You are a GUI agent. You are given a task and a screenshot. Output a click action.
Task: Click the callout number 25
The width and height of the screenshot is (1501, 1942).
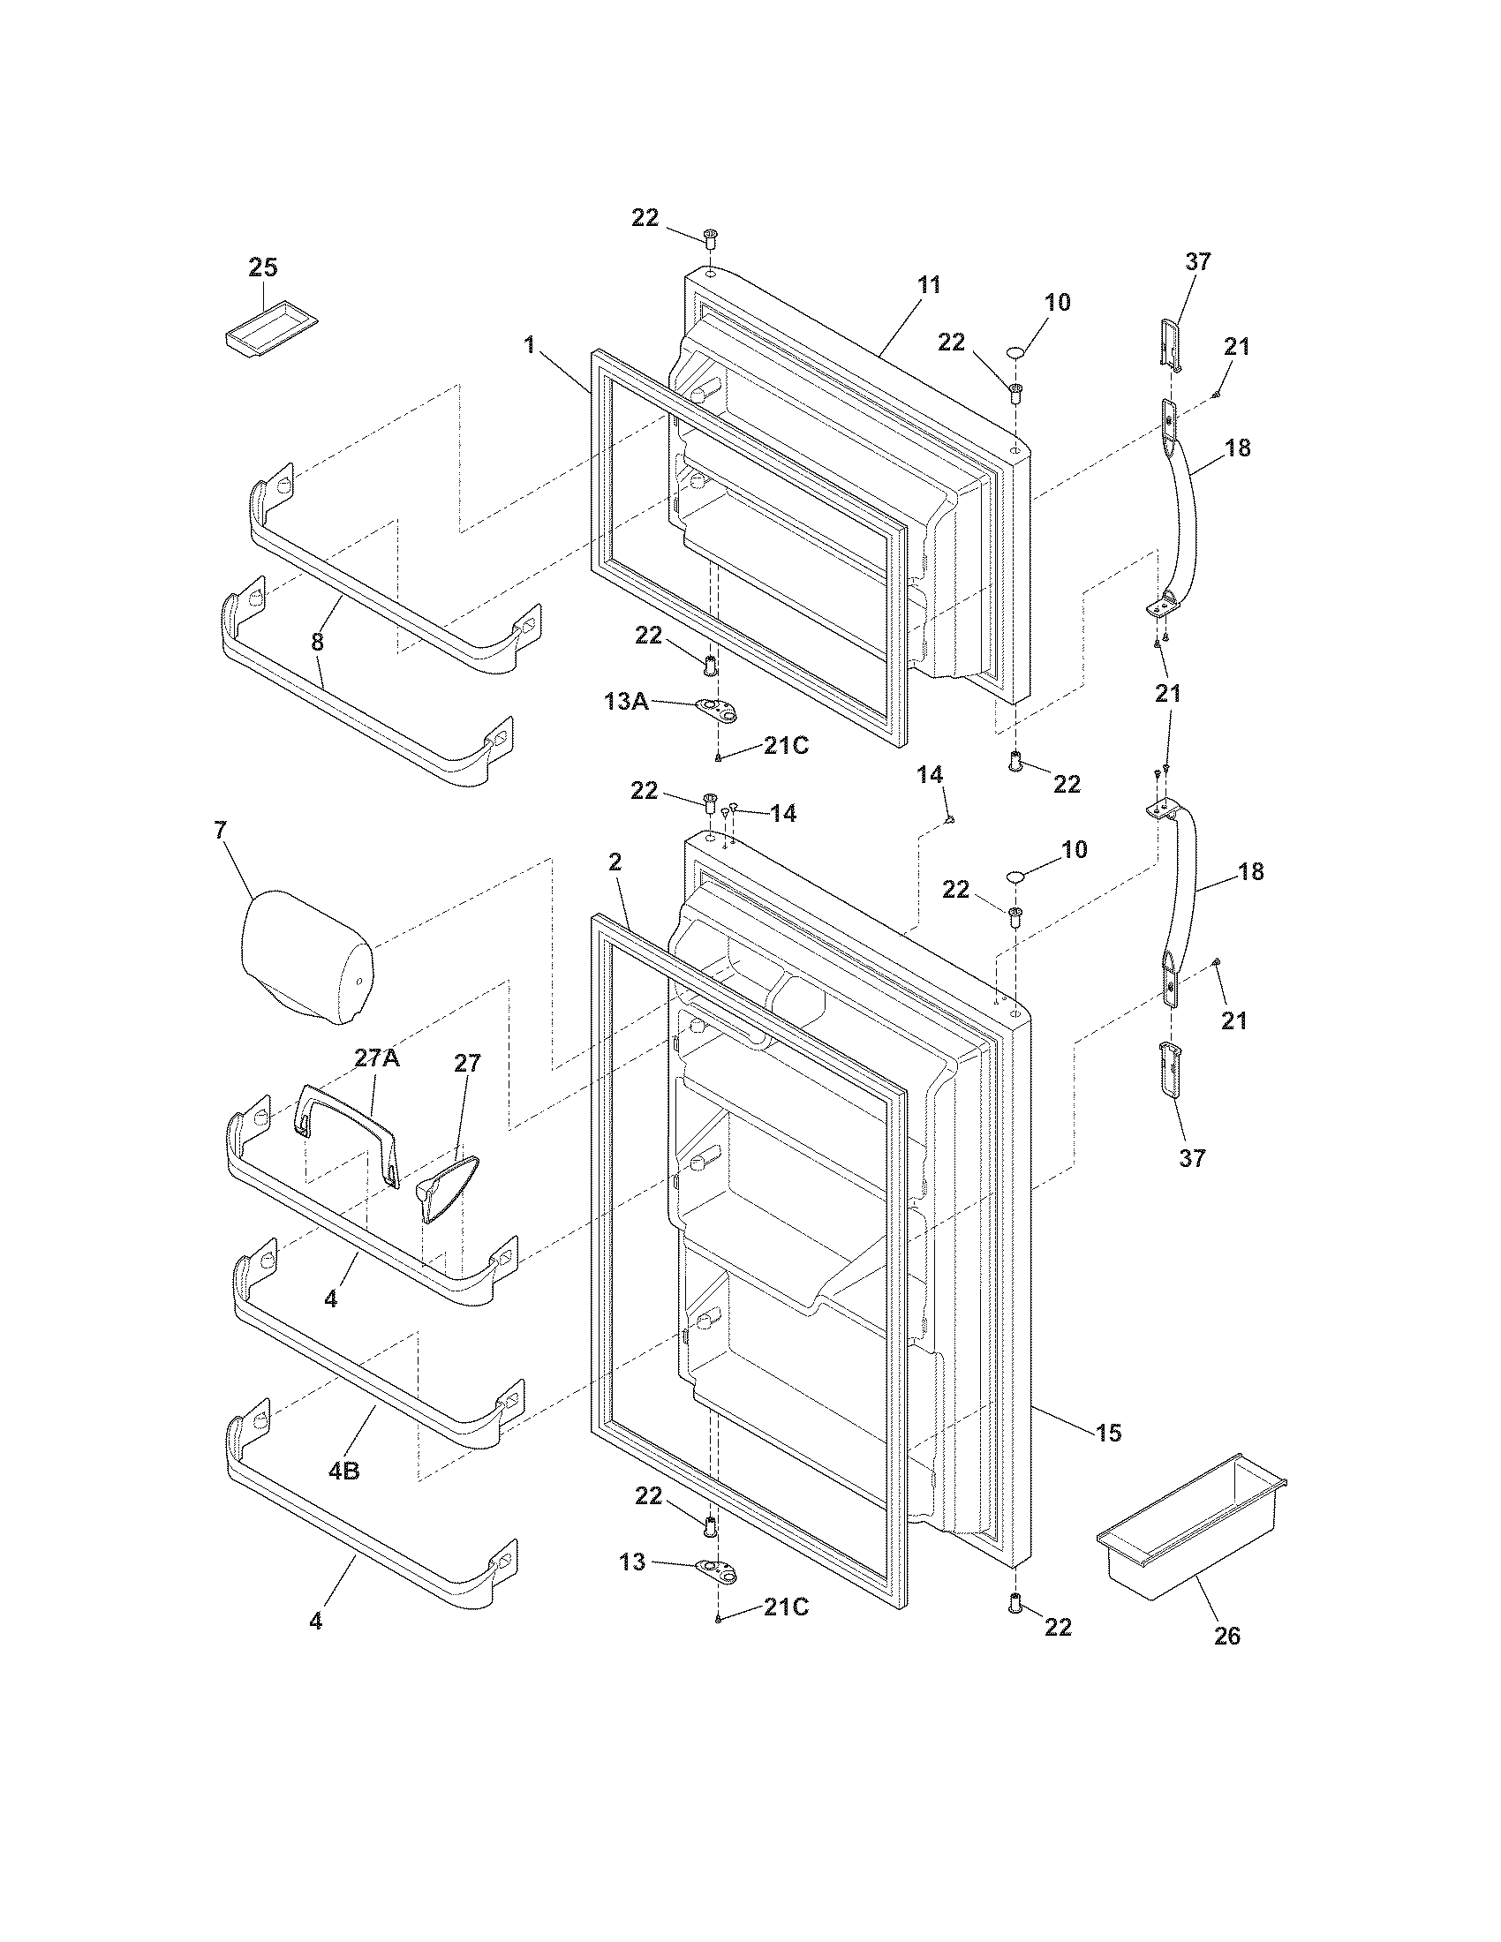coord(262,267)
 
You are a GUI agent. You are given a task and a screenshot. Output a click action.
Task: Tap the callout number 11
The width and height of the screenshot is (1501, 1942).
coord(928,285)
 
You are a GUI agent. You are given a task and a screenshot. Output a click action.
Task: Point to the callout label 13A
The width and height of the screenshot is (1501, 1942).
coord(626,703)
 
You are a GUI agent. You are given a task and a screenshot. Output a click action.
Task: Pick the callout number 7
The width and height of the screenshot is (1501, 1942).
coord(220,831)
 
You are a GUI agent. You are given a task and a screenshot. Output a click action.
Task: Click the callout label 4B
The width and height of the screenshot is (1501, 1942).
coord(344,1471)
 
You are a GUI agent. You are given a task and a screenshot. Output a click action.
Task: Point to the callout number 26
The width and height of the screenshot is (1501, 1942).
coord(1226,1636)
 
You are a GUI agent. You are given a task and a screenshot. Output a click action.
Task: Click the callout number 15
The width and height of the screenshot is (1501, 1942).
coord(1108,1434)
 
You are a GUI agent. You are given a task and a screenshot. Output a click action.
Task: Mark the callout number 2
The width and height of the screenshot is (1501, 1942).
coord(615,862)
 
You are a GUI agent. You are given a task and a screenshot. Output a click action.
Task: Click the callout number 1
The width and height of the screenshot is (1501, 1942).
coord(530,344)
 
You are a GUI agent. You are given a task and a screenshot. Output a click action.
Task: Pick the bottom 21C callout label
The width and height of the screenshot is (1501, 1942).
coord(785,1607)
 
